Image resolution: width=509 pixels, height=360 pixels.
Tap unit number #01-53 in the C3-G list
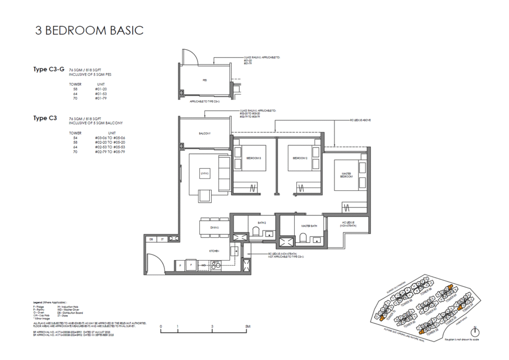click(x=101, y=93)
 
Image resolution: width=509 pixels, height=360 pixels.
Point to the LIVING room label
click(x=204, y=173)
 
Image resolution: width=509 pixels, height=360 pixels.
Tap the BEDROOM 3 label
click(x=254, y=158)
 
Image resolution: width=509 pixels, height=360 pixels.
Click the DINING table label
click(x=214, y=227)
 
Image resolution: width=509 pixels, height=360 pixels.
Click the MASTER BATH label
click(x=309, y=226)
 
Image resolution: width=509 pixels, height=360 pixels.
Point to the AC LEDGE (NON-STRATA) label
click(x=347, y=224)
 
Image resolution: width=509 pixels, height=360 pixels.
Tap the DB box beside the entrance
click(x=151, y=239)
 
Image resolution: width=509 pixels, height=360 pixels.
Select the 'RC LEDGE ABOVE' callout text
click(x=360, y=120)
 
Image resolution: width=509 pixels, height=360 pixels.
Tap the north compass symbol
click(x=476, y=332)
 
